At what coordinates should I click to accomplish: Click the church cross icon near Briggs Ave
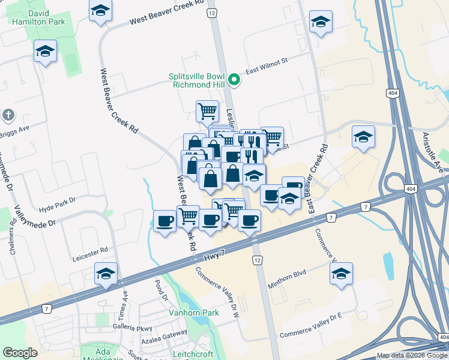coord(8,114)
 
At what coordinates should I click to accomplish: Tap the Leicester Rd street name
coord(89,250)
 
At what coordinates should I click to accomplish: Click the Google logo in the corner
coord(20,353)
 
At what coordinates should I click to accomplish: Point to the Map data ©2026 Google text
coord(411,355)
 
